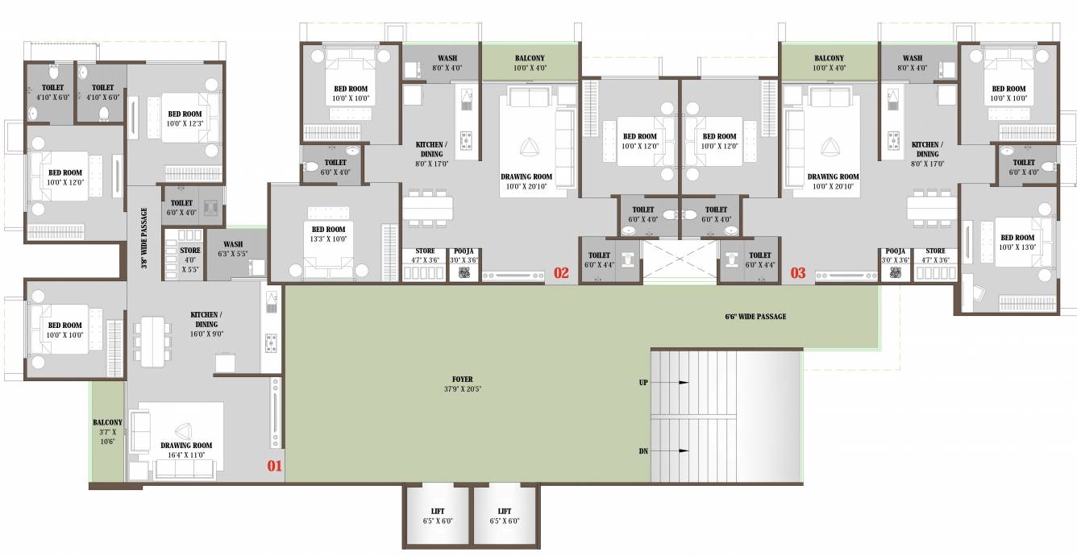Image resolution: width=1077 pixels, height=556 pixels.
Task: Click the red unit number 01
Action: [x=275, y=465]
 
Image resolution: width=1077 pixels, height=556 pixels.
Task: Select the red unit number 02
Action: [x=561, y=273]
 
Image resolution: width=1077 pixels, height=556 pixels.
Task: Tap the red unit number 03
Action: [x=797, y=273]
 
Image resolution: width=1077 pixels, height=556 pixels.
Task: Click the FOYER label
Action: [x=463, y=380]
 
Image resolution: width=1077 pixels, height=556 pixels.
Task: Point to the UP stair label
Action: [x=643, y=383]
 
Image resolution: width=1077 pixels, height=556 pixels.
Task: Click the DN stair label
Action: [x=643, y=451]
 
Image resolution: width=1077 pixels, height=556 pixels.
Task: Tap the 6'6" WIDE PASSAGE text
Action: [x=755, y=316]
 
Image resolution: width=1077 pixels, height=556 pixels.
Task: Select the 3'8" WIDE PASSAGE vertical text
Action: [x=144, y=238]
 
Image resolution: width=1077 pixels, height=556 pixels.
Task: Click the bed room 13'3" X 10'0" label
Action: [x=328, y=234]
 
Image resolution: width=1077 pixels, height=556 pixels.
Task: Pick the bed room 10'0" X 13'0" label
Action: [x=1017, y=243]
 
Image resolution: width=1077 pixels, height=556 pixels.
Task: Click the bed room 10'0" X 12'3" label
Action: [x=185, y=118]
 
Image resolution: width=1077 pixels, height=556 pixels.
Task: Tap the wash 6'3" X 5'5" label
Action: [x=233, y=249]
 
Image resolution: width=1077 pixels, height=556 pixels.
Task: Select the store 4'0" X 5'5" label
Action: [x=190, y=260]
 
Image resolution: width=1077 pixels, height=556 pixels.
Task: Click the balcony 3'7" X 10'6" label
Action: [x=107, y=432]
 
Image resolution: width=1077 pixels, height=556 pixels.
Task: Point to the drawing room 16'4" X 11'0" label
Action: [x=186, y=450]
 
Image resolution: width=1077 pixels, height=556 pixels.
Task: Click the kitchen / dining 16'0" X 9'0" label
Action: [x=206, y=325]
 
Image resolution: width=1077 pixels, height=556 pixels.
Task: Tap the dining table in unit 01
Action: [x=153, y=341]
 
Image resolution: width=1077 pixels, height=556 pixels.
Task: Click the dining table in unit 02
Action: [x=427, y=208]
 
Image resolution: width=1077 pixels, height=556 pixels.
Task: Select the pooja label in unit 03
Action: [x=896, y=251]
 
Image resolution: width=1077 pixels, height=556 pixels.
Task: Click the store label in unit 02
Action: [x=425, y=251]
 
